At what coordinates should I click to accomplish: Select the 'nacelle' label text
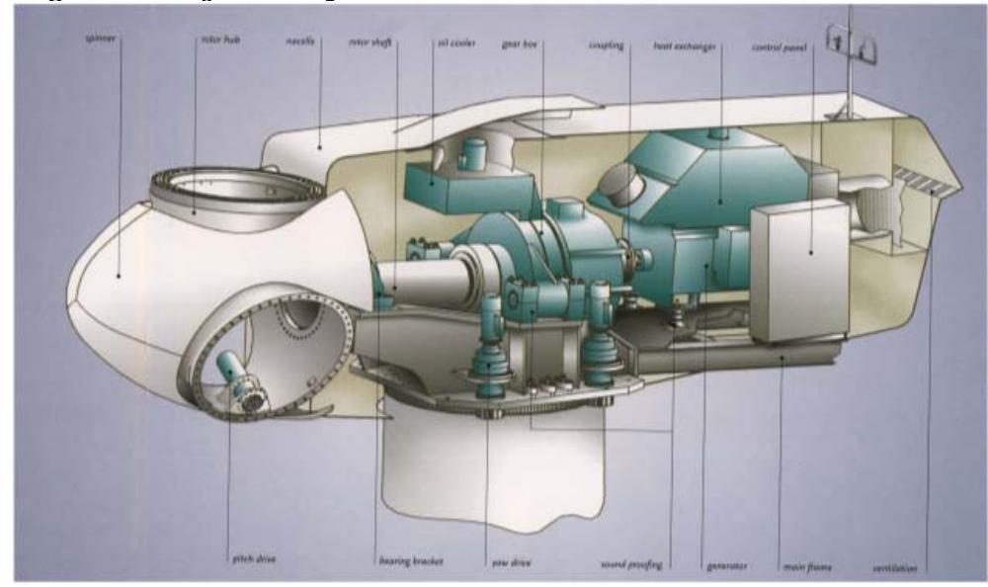(299, 43)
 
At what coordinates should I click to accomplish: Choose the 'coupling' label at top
(606, 43)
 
